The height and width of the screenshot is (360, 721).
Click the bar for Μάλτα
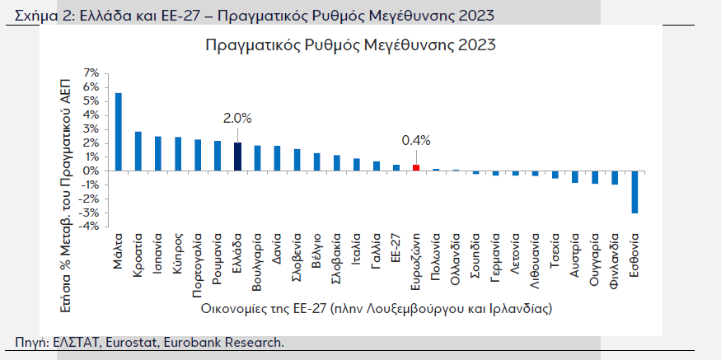(x=118, y=132)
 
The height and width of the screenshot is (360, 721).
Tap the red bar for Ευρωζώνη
(x=416, y=167)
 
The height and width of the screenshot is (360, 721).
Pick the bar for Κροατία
(x=138, y=152)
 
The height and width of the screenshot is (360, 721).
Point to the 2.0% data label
(x=237, y=118)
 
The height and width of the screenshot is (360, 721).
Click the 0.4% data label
(x=416, y=140)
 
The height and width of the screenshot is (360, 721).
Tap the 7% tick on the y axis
(x=91, y=73)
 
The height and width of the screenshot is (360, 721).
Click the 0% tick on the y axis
(x=91, y=171)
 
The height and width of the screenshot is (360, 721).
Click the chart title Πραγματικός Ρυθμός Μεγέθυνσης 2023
(x=350, y=44)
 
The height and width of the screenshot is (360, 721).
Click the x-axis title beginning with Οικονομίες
(x=375, y=309)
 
